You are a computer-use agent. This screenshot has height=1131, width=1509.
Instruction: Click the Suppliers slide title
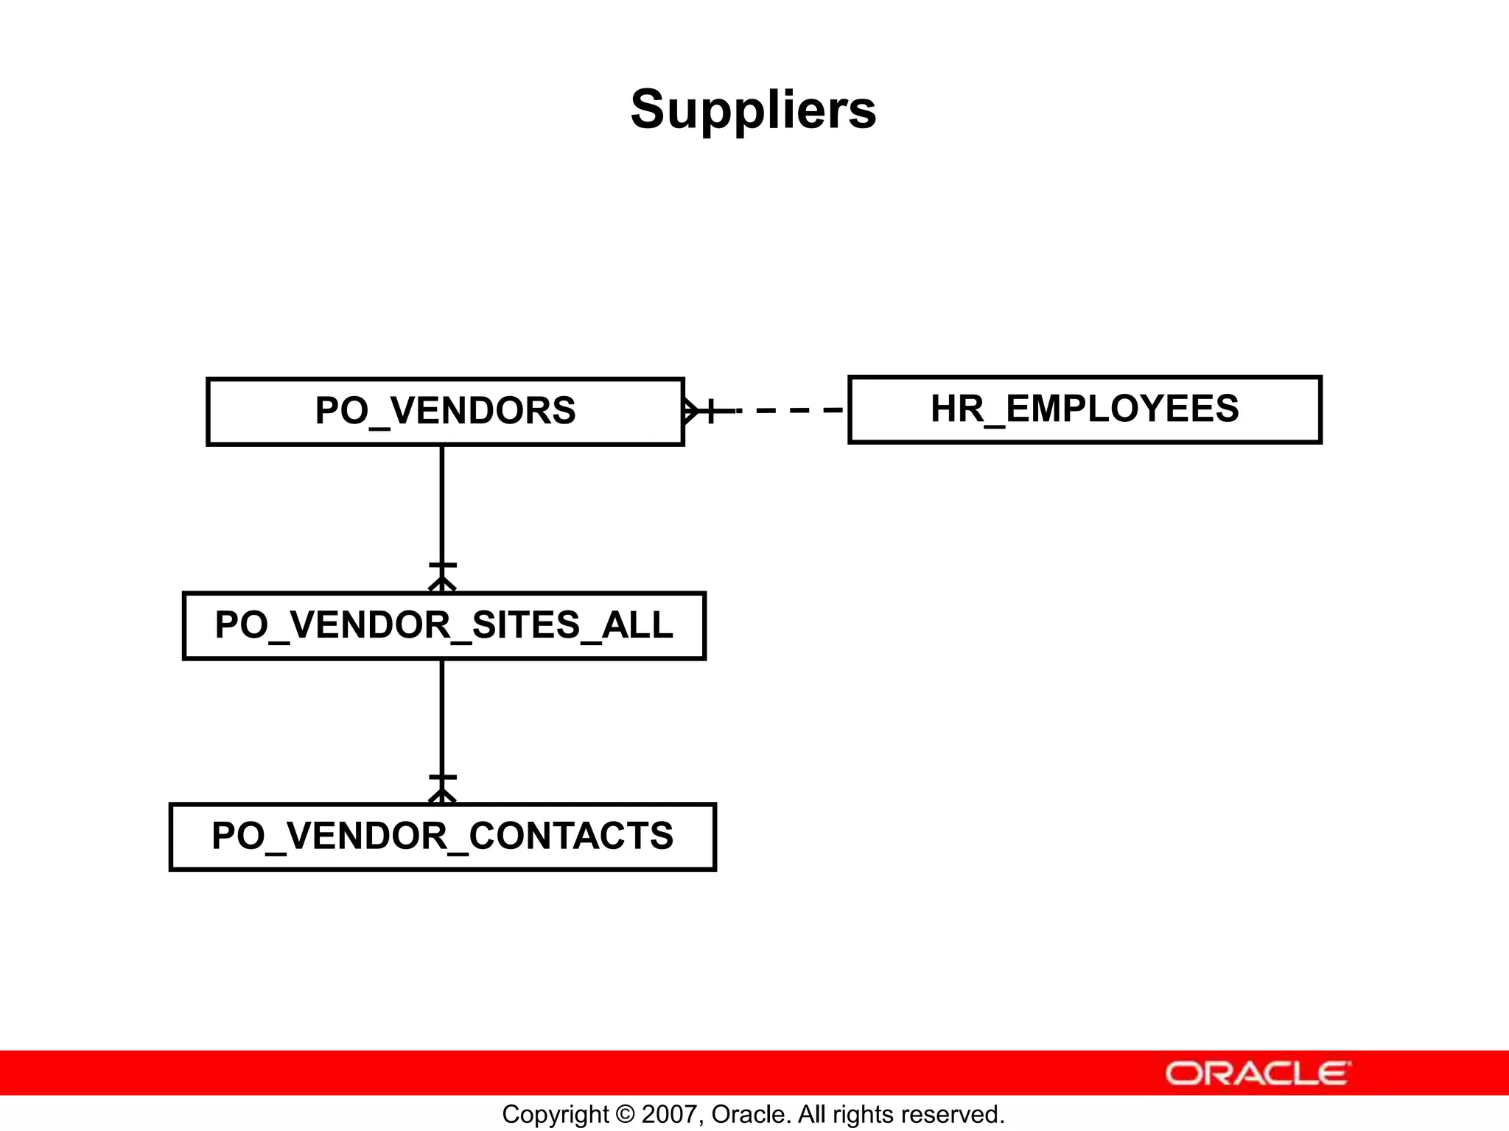point(753,110)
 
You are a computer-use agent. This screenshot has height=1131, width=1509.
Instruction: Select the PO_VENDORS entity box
point(445,411)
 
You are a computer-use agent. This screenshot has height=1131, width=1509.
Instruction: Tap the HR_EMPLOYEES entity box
point(1085,409)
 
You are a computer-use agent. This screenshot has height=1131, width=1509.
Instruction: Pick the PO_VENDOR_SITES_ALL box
point(444,625)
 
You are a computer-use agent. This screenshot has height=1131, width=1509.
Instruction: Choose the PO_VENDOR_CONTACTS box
point(442,836)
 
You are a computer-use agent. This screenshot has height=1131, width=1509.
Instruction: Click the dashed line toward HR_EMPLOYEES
point(788,410)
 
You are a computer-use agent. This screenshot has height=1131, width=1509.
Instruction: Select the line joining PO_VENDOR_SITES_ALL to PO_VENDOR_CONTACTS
point(442,718)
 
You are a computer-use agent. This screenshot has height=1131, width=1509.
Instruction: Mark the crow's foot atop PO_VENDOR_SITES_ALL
point(442,584)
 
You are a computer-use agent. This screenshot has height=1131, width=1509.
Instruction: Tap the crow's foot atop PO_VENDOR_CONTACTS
point(442,795)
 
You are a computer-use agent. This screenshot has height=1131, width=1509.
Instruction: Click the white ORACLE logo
point(1258,1074)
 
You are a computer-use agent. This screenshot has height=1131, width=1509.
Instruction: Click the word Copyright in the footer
point(556,1115)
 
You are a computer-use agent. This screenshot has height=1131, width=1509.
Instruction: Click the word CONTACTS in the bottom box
point(571,836)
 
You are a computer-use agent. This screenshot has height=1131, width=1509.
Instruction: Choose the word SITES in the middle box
point(526,625)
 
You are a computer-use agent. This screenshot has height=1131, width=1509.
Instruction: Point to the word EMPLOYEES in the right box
point(1123,409)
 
